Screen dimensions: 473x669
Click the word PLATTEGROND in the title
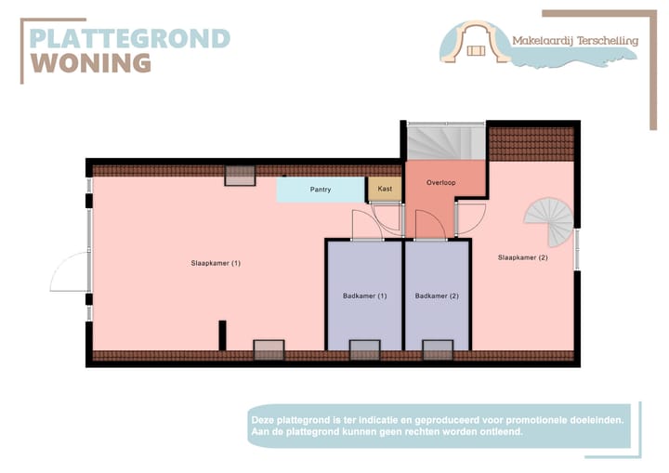[130, 39]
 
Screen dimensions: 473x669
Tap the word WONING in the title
[91, 63]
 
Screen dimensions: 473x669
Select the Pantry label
[321, 190]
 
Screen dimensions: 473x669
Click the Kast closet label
[385, 189]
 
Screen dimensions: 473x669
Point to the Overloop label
[441, 182]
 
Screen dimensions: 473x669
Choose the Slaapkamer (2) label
[522, 257]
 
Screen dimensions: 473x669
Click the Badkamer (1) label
[363, 296]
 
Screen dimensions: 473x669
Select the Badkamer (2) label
[437, 296]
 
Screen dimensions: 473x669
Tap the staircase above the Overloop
[444, 140]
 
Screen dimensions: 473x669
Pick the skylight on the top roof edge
[240, 176]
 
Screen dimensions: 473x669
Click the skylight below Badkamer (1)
[364, 350]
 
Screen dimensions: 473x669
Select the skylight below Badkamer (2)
[438, 350]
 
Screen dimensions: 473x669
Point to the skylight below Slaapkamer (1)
[269, 350]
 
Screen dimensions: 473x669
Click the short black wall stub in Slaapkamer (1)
[222, 335]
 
